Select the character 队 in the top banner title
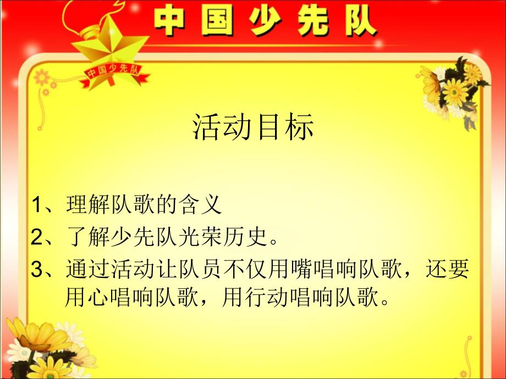360,21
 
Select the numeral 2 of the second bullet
37,237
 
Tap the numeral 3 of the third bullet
37,270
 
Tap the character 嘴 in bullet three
302,269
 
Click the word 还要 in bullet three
448,269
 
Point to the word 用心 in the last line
87,297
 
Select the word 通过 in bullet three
87,269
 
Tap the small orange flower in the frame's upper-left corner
42,77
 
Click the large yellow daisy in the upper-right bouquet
455,92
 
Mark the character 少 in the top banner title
265,21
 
